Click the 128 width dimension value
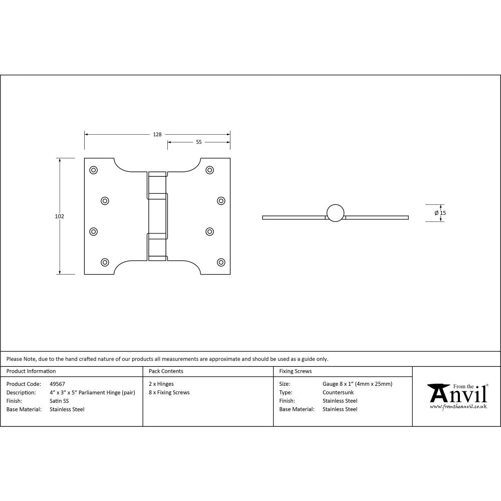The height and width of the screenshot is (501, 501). click(x=157, y=134)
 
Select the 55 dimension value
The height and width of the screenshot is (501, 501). click(x=198, y=142)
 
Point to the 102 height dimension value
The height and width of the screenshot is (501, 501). click(x=60, y=216)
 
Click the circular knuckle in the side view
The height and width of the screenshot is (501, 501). click(x=336, y=213)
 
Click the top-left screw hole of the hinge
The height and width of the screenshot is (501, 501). click(x=93, y=170)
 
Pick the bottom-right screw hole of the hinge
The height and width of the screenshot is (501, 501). click(x=221, y=262)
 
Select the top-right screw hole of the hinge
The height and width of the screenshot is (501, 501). click(x=209, y=170)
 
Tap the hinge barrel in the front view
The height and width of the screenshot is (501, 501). click(x=157, y=216)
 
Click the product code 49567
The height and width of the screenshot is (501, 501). click(x=58, y=384)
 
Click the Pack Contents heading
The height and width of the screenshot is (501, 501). click(x=166, y=371)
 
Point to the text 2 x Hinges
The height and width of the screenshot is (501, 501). click(x=161, y=384)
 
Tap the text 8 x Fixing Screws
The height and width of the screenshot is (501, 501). click(x=169, y=392)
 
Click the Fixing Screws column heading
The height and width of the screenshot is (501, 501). click(x=295, y=371)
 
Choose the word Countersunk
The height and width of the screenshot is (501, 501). click(x=338, y=392)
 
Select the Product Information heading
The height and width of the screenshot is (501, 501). click(x=31, y=371)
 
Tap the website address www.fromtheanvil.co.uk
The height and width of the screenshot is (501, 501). click(x=458, y=407)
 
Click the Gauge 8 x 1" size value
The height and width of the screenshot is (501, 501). click(x=357, y=384)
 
